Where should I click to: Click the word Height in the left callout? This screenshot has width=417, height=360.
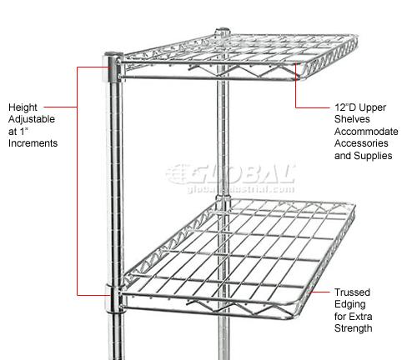(x=23, y=107)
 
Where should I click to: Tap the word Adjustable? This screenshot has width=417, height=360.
(x=32, y=119)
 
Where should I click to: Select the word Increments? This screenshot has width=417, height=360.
(x=33, y=143)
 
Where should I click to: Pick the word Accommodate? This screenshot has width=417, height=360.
(x=366, y=132)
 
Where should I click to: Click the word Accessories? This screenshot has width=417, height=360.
(x=361, y=143)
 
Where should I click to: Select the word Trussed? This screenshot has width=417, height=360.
(x=352, y=292)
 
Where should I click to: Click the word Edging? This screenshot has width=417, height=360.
(x=350, y=305)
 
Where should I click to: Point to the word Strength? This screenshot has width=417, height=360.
(x=354, y=328)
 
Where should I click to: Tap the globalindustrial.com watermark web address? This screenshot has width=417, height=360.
(x=241, y=189)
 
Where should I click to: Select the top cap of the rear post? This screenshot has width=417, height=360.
(x=223, y=30)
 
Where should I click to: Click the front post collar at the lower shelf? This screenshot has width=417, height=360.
(x=113, y=298)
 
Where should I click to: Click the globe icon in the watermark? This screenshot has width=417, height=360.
(x=178, y=174)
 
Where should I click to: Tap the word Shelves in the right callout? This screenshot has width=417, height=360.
(x=352, y=119)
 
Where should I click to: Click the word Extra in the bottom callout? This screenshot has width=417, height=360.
(x=361, y=317)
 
